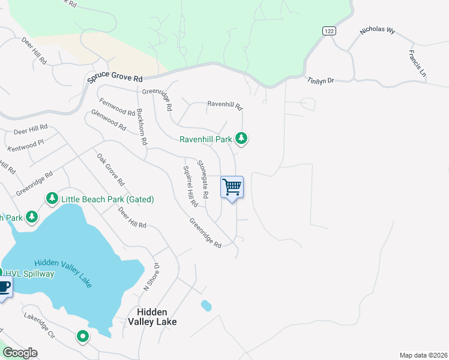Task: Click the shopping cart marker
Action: [232, 187]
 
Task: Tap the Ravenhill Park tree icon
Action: [241, 139]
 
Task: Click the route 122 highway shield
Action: [328, 32]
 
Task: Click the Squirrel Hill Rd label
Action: [190, 186]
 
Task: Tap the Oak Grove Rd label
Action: [111, 169]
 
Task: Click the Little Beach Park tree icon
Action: [52, 199]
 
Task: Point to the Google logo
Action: [20, 353]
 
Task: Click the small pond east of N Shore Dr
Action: [206, 305]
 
